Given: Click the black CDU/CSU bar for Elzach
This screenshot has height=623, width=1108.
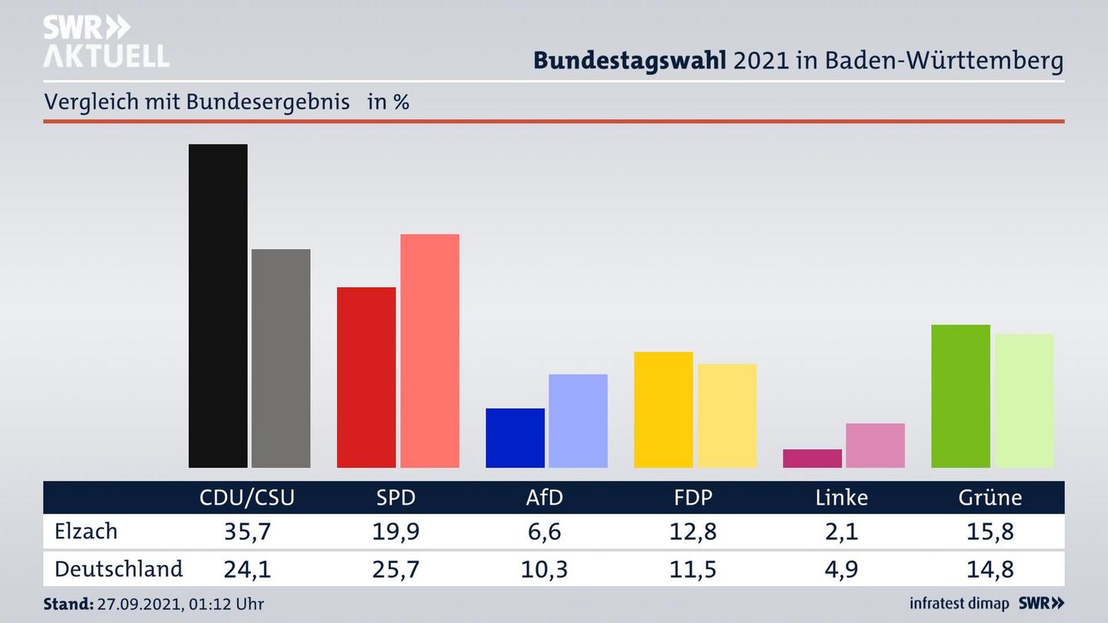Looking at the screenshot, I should pos(218,305).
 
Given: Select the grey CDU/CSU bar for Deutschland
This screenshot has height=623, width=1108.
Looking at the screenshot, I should pos(281,358).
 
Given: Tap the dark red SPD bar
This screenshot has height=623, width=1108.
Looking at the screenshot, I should pos(366,377).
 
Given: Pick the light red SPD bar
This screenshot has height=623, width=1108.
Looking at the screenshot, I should pos(429,350).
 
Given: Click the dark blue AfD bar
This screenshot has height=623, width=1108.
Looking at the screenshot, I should pos(515,438).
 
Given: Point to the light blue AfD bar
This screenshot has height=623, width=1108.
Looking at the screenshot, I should pos(578,421).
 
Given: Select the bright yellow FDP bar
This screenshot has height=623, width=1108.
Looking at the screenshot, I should pos(663,409).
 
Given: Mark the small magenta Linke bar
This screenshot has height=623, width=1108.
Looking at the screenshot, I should pos(812,458).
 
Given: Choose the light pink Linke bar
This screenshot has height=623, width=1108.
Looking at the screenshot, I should pos(875,445).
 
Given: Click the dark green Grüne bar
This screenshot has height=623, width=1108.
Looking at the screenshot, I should pos(960,396).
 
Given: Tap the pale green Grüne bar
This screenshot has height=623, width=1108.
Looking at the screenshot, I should pos(1023,401).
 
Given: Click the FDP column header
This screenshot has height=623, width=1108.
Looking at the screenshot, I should pos(692,498).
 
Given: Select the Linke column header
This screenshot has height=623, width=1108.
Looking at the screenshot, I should pos(842,498).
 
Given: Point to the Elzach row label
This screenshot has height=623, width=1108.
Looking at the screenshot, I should pos(86,531).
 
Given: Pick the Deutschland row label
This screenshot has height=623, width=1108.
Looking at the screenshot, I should pos(118,569).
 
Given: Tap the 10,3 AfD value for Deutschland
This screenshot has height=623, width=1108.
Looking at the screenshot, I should pos(544,569).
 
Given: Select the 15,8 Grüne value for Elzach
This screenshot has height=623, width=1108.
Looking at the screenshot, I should pos(990,531).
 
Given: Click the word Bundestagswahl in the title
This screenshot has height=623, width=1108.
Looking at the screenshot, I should pos(629,61).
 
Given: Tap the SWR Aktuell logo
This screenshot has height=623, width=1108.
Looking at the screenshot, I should pos(105,42).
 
